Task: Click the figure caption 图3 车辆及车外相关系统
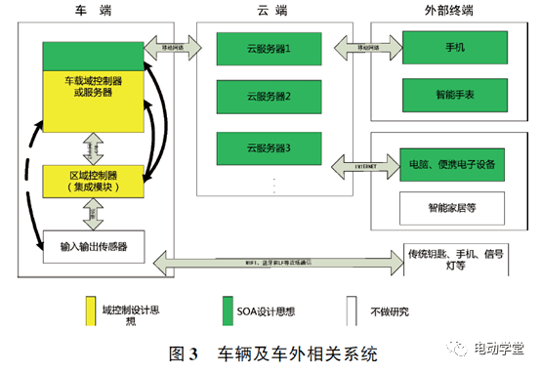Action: coord(271,351)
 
